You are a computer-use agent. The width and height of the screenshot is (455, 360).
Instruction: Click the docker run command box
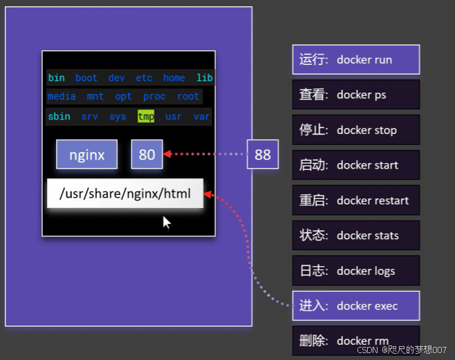point(356,59)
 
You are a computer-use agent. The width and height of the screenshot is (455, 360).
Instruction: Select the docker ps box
point(356,95)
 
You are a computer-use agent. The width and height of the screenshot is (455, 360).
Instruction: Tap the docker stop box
point(356,130)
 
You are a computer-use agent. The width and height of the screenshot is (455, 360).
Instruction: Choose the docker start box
point(356,165)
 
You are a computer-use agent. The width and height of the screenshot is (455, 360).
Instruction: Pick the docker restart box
point(356,200)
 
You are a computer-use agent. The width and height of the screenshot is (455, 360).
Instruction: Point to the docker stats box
point(356,236)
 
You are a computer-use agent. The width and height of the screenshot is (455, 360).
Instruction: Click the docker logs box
point(356,271)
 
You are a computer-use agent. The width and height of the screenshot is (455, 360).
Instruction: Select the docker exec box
point(356,306)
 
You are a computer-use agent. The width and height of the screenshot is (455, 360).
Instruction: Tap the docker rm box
point(356,341)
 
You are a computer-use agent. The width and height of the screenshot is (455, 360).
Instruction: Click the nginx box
point(86,155)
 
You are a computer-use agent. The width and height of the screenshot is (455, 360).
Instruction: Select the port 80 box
point(147,155)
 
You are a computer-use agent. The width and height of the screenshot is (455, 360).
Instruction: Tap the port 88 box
point(263,154)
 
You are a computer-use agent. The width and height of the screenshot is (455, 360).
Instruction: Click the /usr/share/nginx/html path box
point(125,193)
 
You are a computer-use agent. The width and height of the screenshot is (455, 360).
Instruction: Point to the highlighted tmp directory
point(146,116)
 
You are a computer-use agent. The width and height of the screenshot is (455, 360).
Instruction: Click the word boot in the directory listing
point(86,77)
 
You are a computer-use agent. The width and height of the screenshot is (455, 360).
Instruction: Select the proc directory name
point(154,97)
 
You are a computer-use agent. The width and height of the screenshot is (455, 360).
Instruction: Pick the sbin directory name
point(59,116)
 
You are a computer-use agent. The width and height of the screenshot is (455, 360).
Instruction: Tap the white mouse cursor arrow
point(166,222)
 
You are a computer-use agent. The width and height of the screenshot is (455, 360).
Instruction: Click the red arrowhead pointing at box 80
point(167,154)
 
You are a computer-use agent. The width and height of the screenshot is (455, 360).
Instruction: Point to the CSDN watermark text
point(402,350)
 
